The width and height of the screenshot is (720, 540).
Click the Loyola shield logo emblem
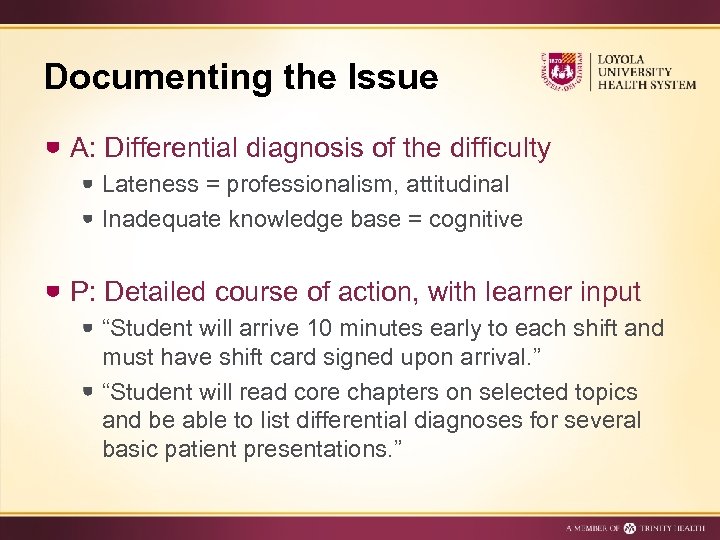coord(562,71)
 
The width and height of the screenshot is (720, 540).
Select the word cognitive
coord(476,219)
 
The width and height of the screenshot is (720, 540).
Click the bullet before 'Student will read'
coord(89,391)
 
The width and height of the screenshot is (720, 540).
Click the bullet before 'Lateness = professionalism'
coord(89,184)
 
